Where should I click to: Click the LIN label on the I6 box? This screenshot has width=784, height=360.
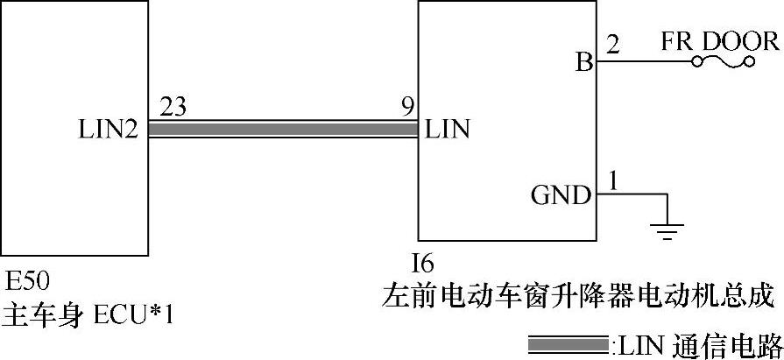[x=448, y=131]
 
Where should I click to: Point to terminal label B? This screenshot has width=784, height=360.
[x=583, y=63]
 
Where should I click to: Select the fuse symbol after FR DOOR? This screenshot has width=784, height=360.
[x=723, y=62]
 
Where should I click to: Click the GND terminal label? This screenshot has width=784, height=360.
[x=561, y=194]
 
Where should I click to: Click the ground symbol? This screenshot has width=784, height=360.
[x=667, y=230]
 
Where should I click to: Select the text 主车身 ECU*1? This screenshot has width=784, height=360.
[x=88, y=313]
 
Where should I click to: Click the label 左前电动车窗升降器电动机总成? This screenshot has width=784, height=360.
[x=579, y=295]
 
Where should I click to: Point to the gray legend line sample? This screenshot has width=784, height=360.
[x=568, y=342]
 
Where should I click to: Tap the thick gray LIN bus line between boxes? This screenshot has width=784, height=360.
[x=280, y=130]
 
